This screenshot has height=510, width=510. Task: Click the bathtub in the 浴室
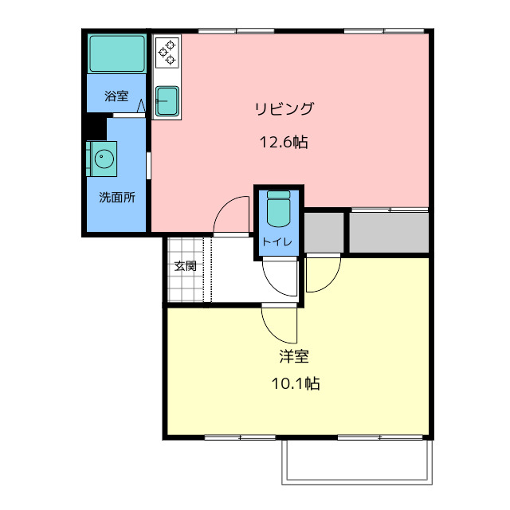pos(117,53)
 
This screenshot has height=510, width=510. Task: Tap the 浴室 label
pos(116,96)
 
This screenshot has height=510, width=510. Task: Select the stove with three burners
pos(167,53)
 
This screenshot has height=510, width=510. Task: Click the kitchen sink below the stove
pos(167,101)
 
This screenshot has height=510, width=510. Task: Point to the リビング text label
pos(284,108)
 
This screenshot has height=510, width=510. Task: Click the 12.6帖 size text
pos(284,142)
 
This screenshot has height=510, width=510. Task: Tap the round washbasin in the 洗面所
pos(104,159)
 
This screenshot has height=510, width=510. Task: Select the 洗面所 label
pos(117,197)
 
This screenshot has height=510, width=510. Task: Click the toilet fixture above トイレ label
pos(278,209)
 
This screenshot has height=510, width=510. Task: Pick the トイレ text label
pos(277,241)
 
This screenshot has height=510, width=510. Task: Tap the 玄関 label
pos(185,266)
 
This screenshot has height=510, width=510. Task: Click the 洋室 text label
pos(294,356)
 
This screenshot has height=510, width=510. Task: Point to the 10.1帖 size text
pos(296,383)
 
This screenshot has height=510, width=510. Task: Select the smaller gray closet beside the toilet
pos(324,232)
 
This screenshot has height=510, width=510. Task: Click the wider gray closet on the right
pos(389,232)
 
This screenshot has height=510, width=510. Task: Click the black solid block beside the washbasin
pos(96,127)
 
